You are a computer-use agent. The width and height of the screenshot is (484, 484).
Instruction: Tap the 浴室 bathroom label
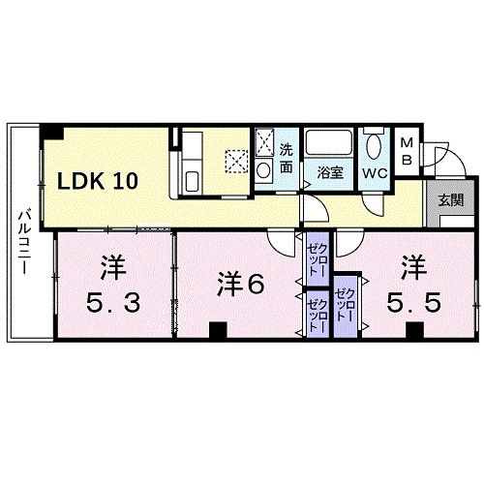click(330, 173)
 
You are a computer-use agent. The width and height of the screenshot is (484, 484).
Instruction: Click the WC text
click(375, 173)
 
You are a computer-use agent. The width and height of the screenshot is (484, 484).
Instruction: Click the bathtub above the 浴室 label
click(330, 144)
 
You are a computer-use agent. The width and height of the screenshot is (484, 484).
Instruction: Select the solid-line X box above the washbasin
click(264, 143)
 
